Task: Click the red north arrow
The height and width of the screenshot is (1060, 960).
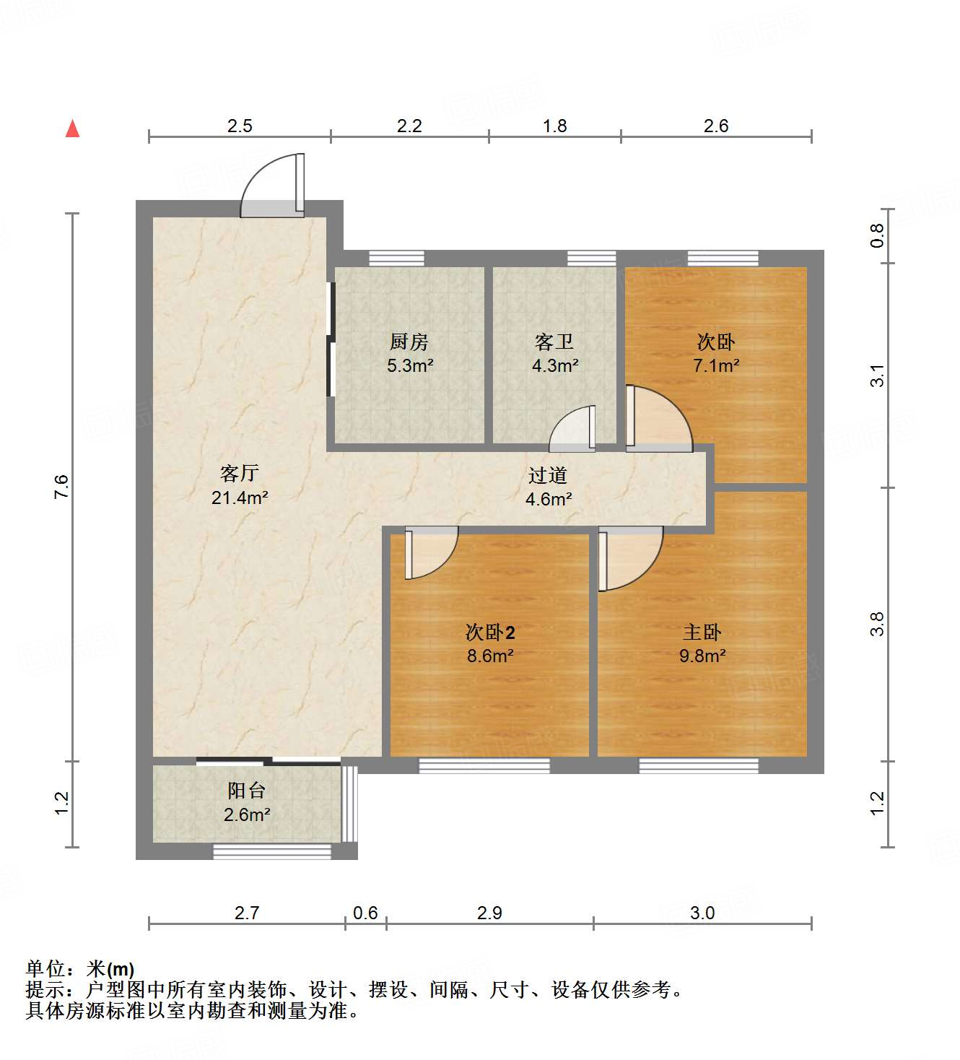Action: click(x=72, y=129)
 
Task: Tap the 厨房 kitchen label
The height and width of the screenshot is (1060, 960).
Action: click(x=409, y=342)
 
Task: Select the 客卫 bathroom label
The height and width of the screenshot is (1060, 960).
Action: click(x=554, y=342)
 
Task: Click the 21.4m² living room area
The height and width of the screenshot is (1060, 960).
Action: click(x=240, y=498)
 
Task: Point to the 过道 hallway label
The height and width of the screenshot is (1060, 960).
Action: click(x=548, y=475)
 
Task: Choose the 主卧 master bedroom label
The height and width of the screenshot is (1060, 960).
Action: click(x=702, y=633)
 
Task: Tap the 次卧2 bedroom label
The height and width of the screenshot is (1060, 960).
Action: click(x=490, y=633)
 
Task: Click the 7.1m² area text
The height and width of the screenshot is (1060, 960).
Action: click(x=716, y=365)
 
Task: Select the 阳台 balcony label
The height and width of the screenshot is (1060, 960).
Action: click(x=247, y=791)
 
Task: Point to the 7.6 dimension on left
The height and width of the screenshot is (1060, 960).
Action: click(x=61, y=486)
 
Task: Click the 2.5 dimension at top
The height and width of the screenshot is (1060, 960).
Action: click(x=240, y=126)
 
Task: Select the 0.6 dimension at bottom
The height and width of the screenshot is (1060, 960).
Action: click(x=365, y=913)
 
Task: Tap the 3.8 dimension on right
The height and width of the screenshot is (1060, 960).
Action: click(x=876, y=624)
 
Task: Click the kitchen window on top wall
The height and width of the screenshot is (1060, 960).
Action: click(x=396, y=259)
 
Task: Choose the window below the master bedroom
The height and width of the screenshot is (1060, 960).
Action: click(x=699, y=765)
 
